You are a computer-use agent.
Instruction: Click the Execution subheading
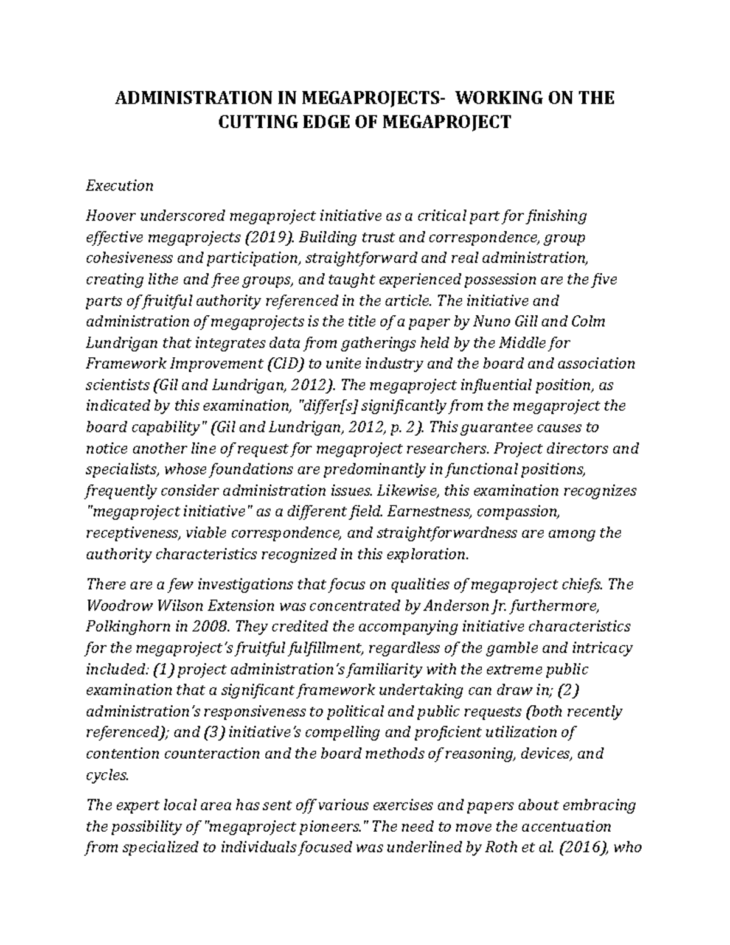(119, 186)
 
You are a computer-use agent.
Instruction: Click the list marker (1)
(164, 669)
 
